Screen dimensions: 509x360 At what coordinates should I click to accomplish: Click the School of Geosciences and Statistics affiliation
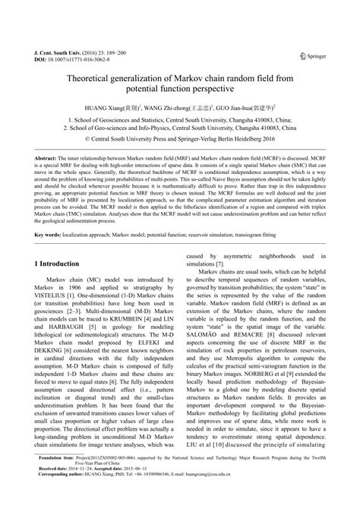coord(180,120)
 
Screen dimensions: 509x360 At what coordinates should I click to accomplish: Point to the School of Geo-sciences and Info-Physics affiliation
coord(180,129)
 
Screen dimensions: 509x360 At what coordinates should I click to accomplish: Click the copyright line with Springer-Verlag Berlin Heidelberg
coord(180,140)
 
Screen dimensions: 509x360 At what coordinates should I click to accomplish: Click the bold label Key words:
coord(51,236)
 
